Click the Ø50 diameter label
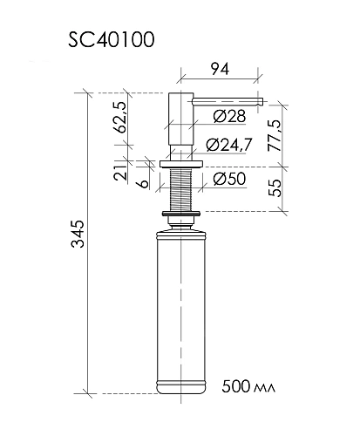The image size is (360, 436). click(228, 181)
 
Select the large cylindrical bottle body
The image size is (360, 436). click(181, 305)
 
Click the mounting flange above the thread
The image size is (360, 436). click(181, 163)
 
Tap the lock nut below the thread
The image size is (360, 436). click(181, 212)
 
